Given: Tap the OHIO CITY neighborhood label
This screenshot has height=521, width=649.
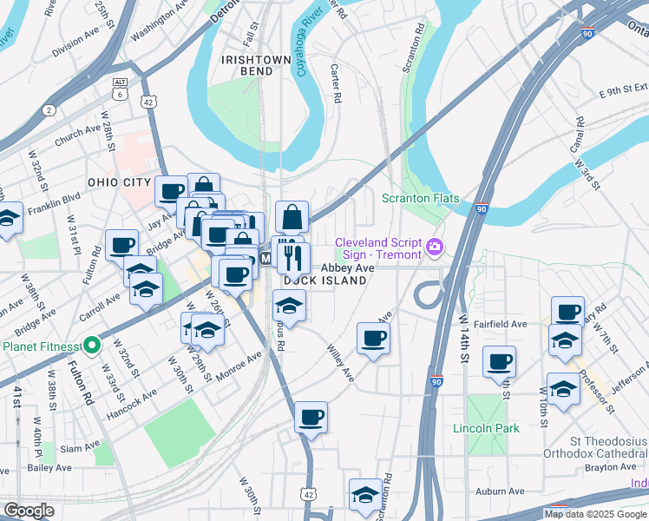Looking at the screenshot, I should pos(120,182).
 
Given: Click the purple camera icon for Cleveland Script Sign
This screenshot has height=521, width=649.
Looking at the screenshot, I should pos(434,249).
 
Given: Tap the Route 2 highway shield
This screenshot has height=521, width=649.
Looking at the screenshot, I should pos(49,109).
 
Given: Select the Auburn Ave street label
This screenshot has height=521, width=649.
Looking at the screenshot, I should pos(500,491).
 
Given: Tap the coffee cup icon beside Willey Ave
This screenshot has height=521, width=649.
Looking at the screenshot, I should pos(374,338).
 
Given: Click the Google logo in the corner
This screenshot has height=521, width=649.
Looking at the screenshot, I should pos(29,511).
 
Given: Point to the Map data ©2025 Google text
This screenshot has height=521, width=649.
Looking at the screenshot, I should pos(594,514).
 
